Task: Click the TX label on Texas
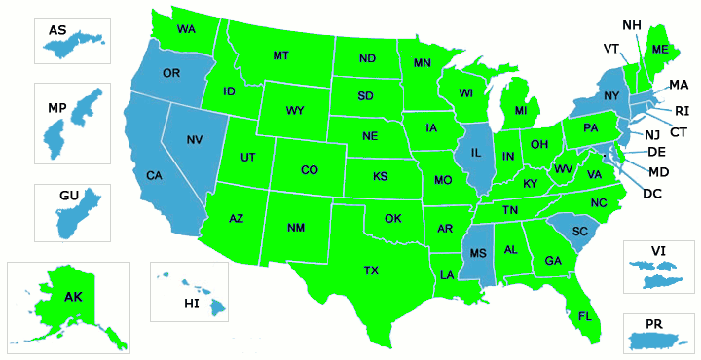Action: [371, 270]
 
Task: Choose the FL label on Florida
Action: [585, 316]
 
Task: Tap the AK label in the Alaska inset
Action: [72, 297]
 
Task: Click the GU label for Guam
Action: [68, 197]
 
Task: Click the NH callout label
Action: [631, 23]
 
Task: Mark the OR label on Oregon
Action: [171, 74]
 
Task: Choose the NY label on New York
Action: [610, 95]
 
